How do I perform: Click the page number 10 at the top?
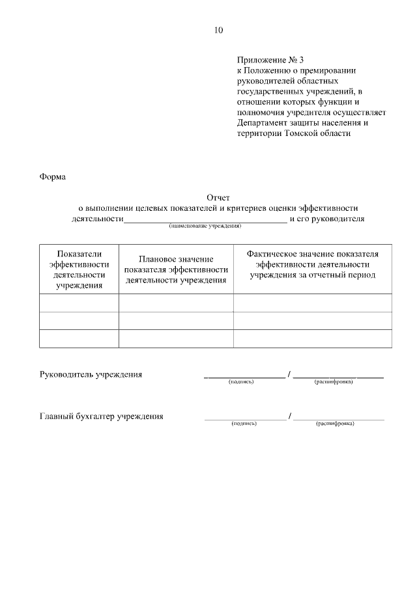218,30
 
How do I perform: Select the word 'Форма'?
53,177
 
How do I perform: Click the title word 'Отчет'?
218,197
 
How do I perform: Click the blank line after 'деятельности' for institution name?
205,219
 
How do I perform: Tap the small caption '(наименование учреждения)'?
205,226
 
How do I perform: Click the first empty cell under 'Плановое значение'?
176,303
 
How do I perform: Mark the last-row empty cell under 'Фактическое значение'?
313,339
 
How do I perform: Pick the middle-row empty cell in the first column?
79,321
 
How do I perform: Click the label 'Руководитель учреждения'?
91,375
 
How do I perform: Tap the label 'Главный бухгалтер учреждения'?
102,417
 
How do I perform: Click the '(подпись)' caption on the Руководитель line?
240,382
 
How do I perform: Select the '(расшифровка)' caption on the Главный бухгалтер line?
335,424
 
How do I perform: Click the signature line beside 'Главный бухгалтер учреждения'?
245,417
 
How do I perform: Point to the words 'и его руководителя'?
327,219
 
